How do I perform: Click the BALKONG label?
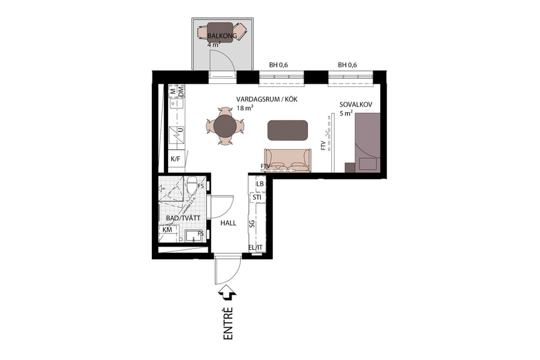click(x=223, y=36)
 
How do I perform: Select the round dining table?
click(x=225, y=126)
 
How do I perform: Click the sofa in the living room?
click(x=288, y=160)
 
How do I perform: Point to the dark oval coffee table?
click(x=288, y=130)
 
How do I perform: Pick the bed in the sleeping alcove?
click(x=367, y=143)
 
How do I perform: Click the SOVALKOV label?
click(x=356, y=104)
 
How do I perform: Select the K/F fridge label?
click(x=176, y=159)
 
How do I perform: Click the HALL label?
click(x=228, y=223)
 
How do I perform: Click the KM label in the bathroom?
click(x=167, y=230)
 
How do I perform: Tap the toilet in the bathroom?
click(x=192, y=185)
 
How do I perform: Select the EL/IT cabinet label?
click(x=256, y=247)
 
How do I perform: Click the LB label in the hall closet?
click(x=260, y=184)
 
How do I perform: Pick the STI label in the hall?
click(x=257, y=197)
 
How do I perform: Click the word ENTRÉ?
click(x=228, y=324)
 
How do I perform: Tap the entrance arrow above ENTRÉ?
click(x=228, y=292)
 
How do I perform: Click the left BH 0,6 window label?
click(x=279, y=65)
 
